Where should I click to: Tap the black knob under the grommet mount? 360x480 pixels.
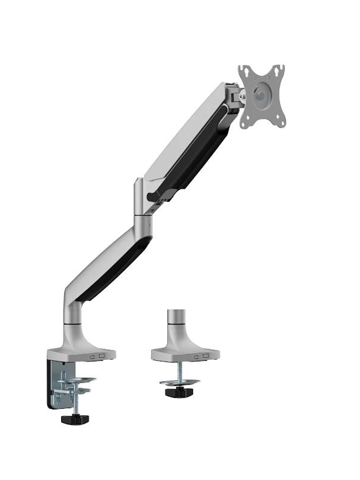(179, 392)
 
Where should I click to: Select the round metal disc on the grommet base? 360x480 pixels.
(179, 382)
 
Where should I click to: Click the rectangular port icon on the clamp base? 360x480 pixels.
(101, 357)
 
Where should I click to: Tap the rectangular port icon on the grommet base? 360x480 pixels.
(205, 356)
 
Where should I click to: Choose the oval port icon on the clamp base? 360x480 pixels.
(92, 357)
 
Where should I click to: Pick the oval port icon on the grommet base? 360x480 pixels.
(197, 357)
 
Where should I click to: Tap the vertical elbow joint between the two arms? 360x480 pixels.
(142, 199)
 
